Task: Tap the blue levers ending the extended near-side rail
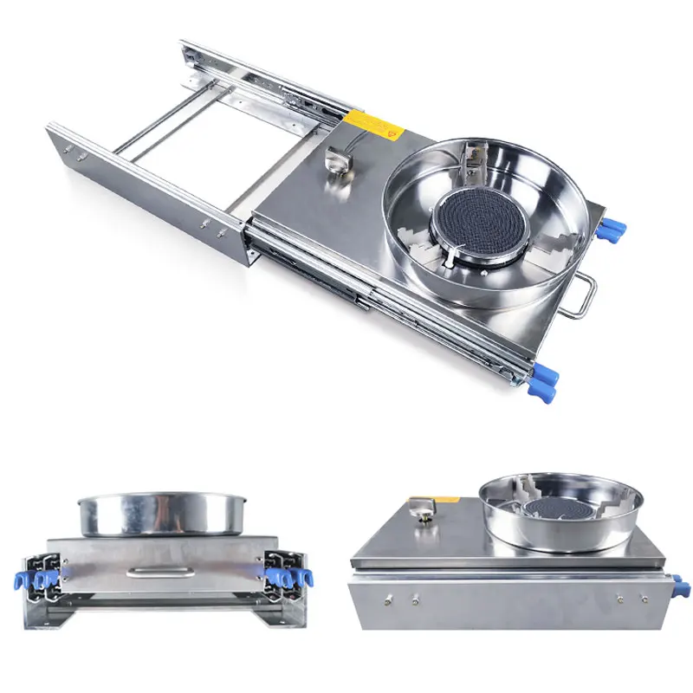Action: [x=541, y=383]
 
